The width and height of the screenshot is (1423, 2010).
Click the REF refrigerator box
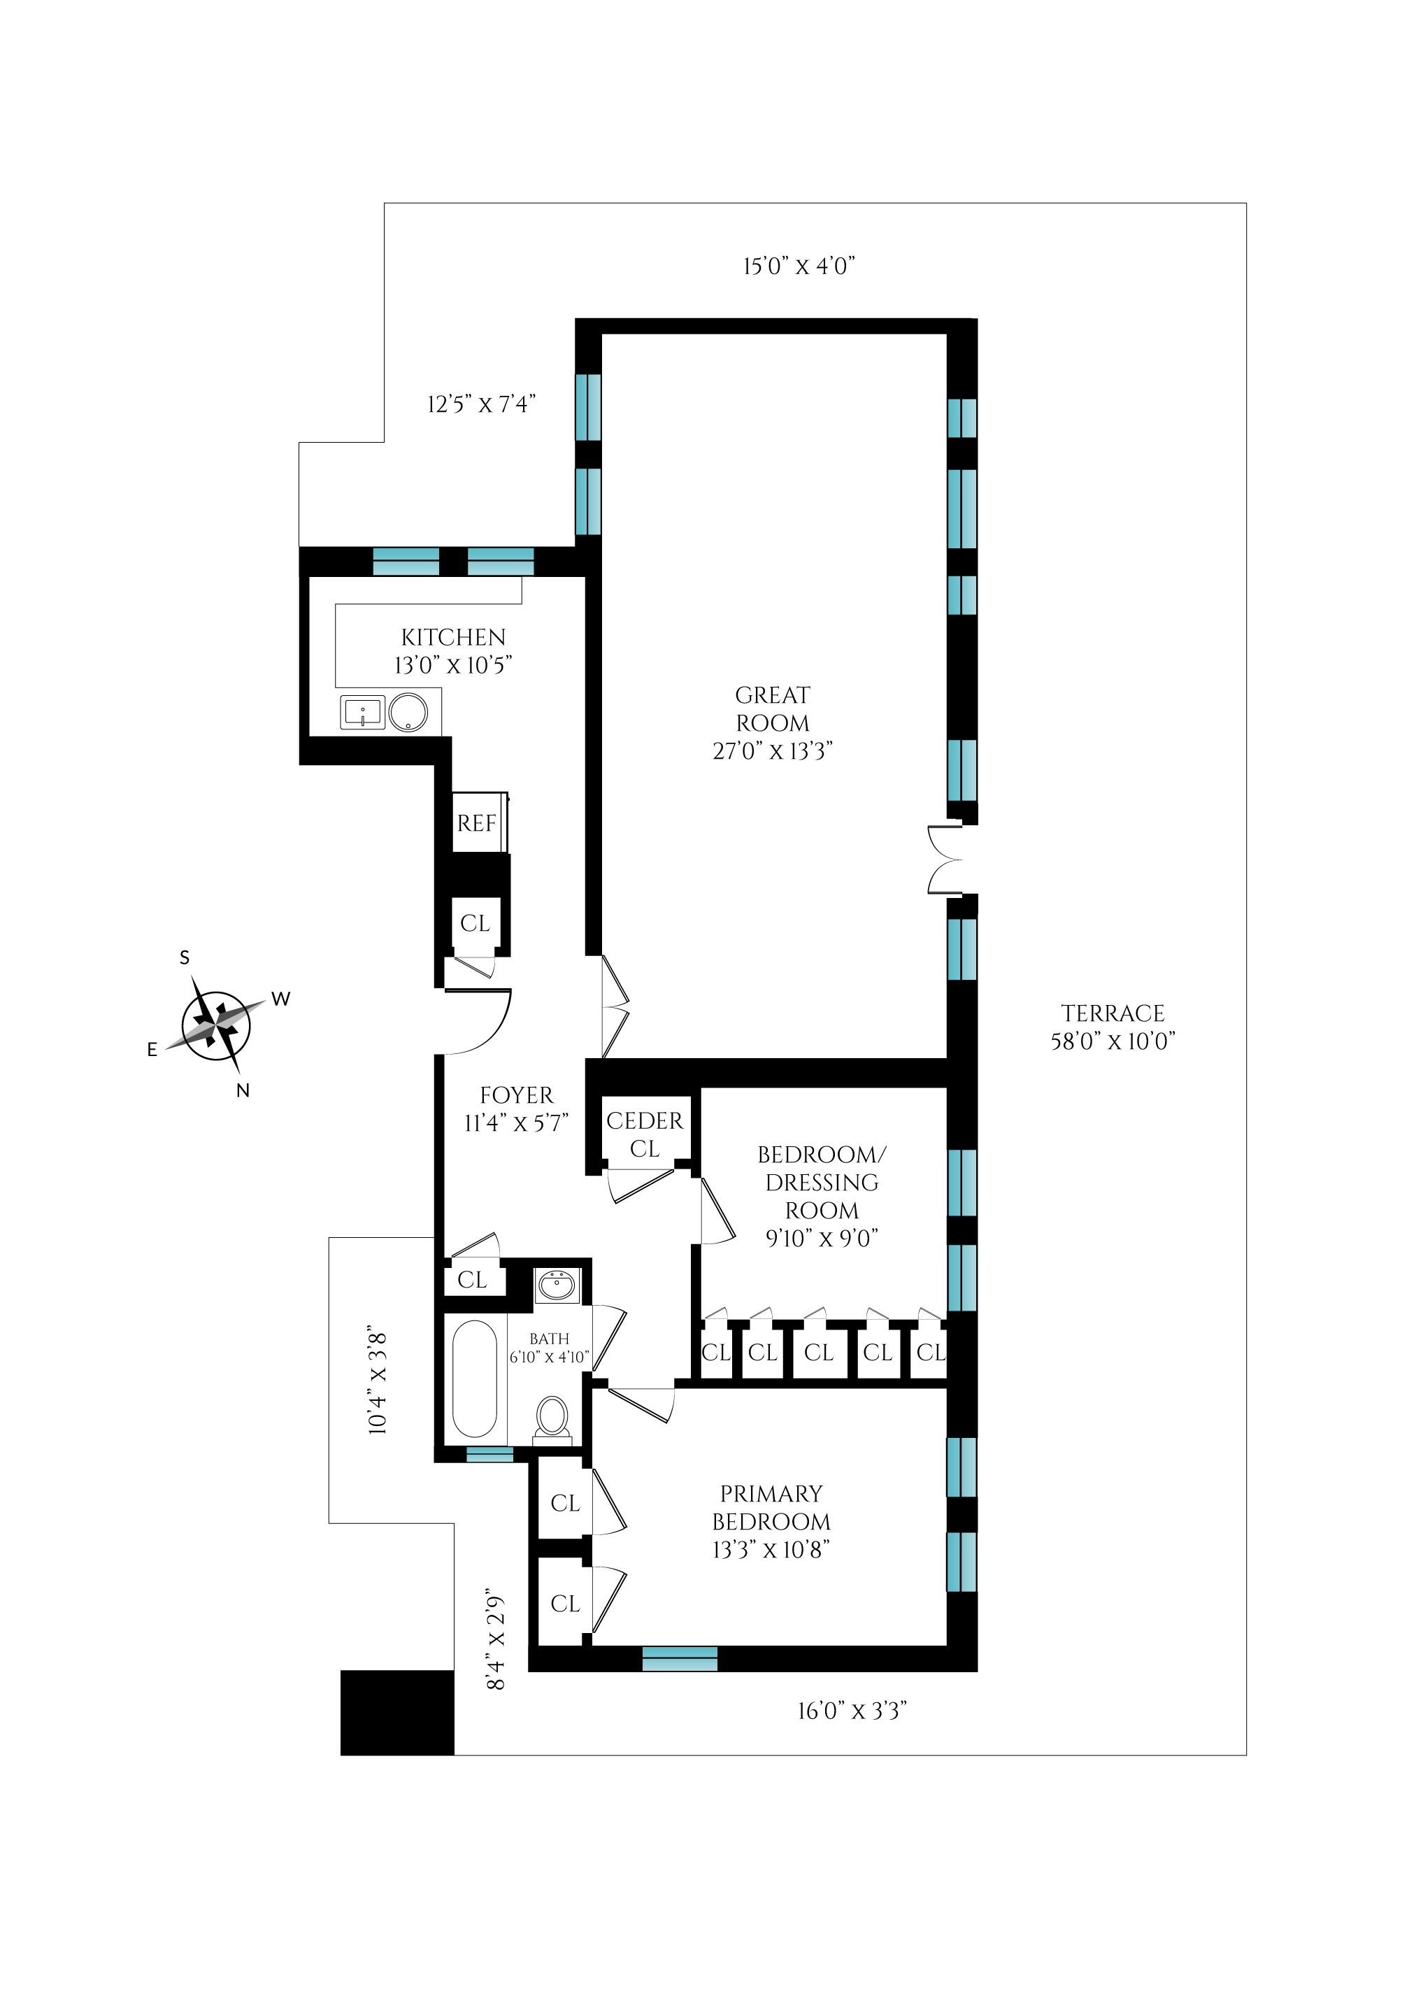pyautogui.click(x=477, y=822)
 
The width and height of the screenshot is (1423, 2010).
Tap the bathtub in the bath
pyautogui.click(x=474, y=1378)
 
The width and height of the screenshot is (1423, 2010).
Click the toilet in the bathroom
pyautogui.click(x=552, y=1416)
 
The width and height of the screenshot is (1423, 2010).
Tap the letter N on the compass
pyautogui.click(x=243, y=1091)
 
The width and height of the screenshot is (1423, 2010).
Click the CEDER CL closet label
pyautogui.click(x=645, y=1134)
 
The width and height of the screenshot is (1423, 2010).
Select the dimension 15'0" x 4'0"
pyautogui.click(x=799, y=266)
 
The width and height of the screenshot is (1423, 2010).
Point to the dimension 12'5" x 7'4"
pyautogui.click(x=481, y=404)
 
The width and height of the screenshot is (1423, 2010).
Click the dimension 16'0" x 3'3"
pyautogui.click(x=851, y=1711)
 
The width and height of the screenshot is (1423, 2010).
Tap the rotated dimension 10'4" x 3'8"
pyautogui.click(x=377, y=1380)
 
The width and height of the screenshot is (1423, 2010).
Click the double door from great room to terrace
pyautogui.click(x=945, y=860)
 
